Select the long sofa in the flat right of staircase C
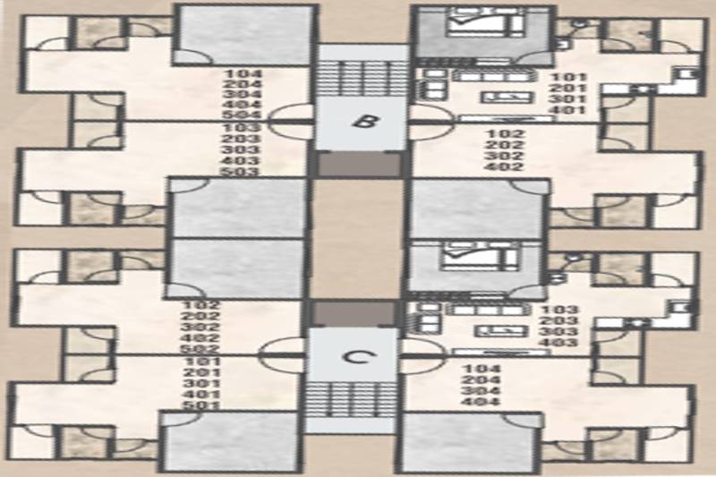tap(488, 310)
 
